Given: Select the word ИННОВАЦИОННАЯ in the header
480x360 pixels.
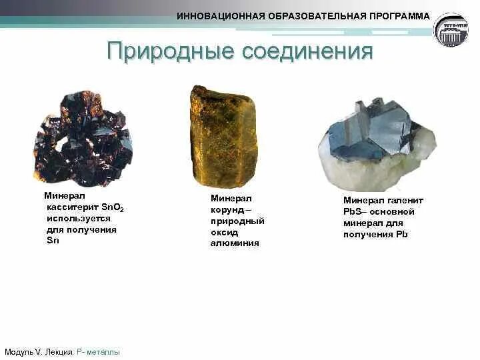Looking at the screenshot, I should pos(217,16).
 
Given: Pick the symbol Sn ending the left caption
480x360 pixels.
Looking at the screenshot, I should pos(53,240).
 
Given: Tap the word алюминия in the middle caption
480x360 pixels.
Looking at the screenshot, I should pos(235,243).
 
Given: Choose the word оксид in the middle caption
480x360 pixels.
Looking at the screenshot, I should pos(224,232).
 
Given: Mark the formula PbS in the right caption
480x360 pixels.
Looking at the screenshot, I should pos(351,211).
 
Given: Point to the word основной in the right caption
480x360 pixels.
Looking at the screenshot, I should pos(393,211).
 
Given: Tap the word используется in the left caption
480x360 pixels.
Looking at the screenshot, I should pos(79,219).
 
